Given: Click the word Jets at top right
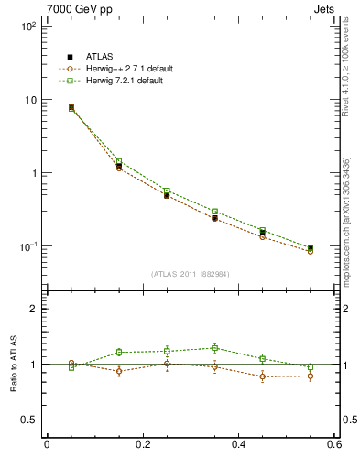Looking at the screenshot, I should click(x=327, y=8).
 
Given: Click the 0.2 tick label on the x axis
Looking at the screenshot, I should click(x=142, y=445).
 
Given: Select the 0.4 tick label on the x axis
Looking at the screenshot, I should click(x=238, y=445).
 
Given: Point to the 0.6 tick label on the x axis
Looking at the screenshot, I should click(x=333, y=445).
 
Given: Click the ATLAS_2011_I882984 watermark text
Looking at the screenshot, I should click(x=191, y=274).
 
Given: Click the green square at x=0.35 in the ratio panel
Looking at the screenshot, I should click(x=214, y=348).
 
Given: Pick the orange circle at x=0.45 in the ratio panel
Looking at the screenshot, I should click(x=263, y=376).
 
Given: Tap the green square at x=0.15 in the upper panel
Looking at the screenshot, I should click(x=119, y=161).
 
